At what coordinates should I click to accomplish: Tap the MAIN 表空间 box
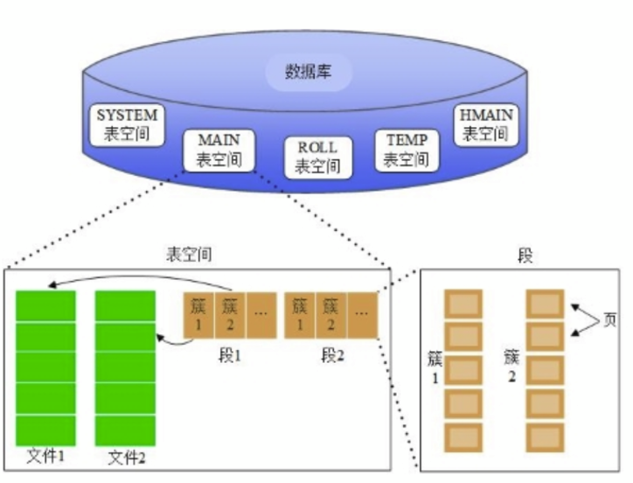pos(219,150)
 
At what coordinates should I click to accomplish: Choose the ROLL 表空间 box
pos(316,157)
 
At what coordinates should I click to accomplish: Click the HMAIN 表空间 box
pos(484,124)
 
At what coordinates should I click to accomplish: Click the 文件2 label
pos(126,458)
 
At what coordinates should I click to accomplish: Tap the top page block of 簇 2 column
pos(546,304)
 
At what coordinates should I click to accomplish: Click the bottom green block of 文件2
pos(125,429)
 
